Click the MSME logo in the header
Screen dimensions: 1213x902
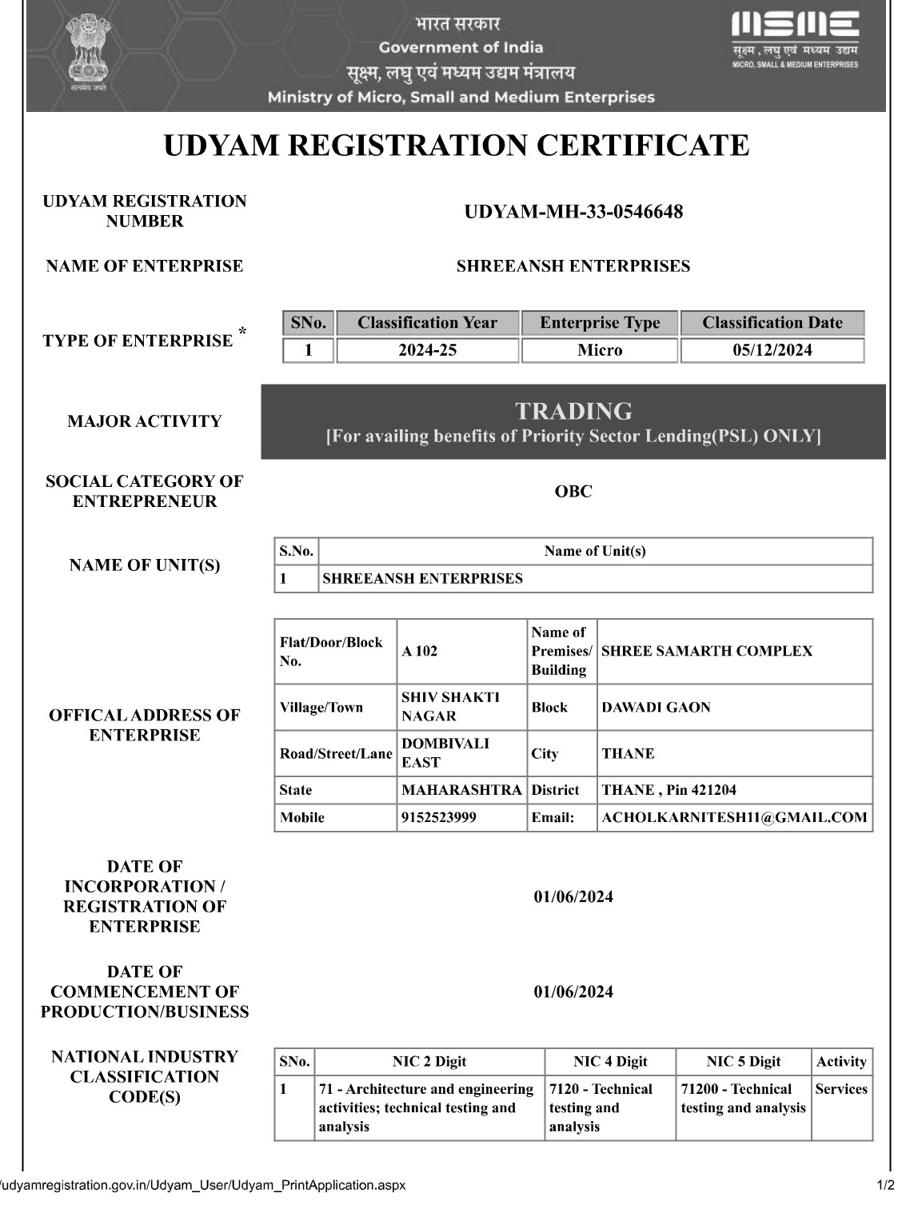(x=795, y=40)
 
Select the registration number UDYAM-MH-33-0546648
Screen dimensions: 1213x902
(x=573, y=212)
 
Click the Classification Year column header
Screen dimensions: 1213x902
(x=427, y=323)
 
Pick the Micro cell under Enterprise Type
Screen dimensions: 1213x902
(x=600, y=350)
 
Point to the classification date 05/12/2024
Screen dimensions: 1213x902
(x=772, y=350)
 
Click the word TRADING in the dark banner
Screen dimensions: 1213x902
(x=573, y=411)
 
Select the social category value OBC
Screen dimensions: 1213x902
(x=573, y=491)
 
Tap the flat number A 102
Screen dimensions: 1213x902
(x=420, y=651)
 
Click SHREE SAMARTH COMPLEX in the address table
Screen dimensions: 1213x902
(x=706, y=651)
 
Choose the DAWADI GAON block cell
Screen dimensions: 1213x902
(x=656, y=707)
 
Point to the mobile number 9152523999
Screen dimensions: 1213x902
(x=439, y=817)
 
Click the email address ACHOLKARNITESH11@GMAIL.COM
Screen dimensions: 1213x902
(x=734, y=817)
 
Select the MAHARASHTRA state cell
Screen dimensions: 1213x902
(x=461, y=790)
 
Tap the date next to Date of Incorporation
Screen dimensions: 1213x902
(x=573, y=897)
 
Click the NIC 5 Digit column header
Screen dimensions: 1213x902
(x=743, y=1062)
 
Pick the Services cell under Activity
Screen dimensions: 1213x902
(x=841, y=1089)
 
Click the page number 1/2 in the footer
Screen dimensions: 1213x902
(x=885, y=1185)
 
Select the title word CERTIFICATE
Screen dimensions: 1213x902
(x=642, y=146)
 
